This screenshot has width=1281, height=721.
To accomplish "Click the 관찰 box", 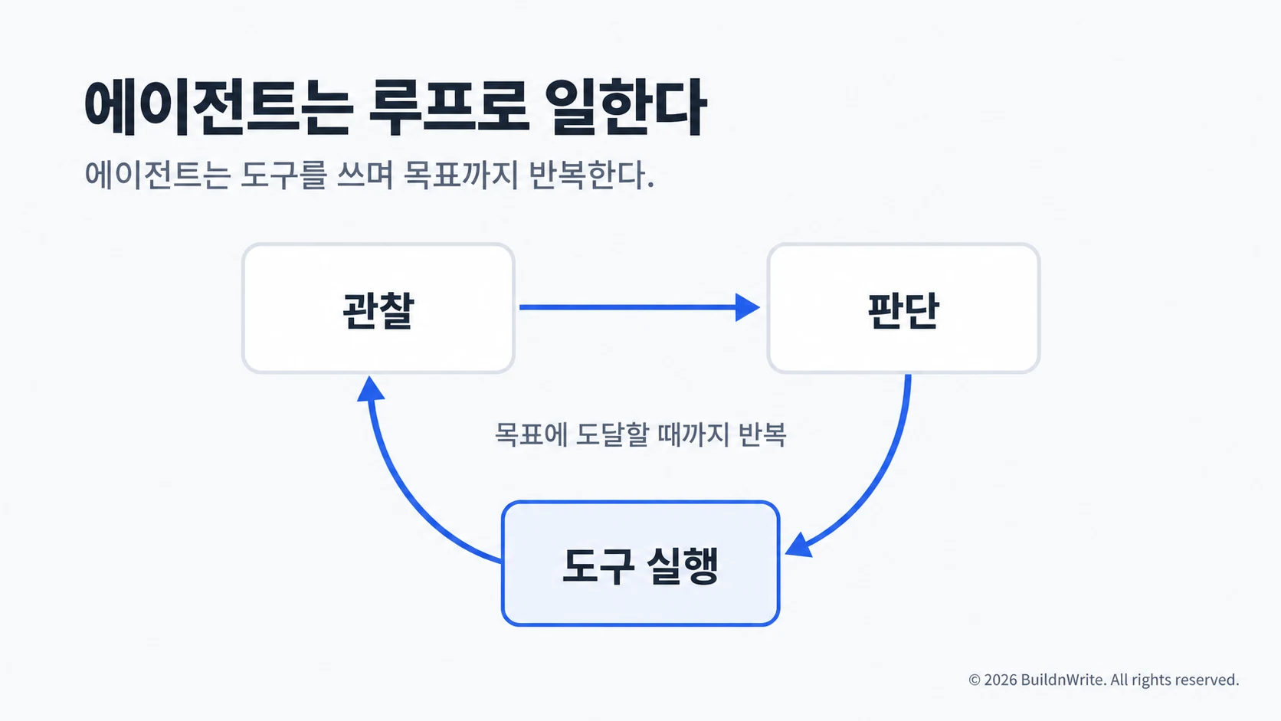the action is [378, 308].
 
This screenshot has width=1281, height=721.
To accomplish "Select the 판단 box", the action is [903, 308].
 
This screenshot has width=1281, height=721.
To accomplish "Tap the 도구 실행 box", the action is [640, 563].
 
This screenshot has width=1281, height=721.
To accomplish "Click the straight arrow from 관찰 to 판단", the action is [640, 307].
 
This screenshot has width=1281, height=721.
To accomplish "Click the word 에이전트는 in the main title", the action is [217, 107].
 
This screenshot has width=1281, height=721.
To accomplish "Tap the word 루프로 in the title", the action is [449, 107].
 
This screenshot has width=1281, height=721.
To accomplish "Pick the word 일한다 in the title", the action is [626, 107].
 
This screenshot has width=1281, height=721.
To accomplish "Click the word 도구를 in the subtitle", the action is [283, 175].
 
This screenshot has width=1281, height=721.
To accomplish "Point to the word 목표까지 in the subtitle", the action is [460, 175].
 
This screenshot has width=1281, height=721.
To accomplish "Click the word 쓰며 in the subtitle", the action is [365, 175].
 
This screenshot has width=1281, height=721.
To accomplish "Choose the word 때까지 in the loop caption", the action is [693, 434].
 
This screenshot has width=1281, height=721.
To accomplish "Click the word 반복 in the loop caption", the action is [762, 434].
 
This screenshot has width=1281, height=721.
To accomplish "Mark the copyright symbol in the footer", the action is [975, 680].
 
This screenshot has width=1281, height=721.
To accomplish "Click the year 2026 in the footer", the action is [1001, 680].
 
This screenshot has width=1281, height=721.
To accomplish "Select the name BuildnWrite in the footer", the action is [1063, 680].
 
